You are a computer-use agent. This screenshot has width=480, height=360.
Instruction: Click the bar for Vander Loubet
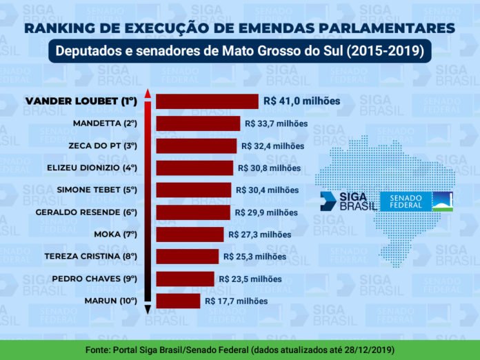tap(207, 101)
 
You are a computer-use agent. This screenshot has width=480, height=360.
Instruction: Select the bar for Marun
tap(178, 301)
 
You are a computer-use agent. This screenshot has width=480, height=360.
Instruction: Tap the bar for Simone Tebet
tap(193, 190)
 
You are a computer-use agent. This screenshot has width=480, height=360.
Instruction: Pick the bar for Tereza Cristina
tap(187, 257)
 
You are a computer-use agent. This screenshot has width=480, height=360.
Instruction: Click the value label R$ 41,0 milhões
tap(301, 101)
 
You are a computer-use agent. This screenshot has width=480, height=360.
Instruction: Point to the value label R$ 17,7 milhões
tap(236, 301)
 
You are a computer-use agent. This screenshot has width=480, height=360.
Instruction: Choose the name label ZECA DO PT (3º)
tap(103, 146)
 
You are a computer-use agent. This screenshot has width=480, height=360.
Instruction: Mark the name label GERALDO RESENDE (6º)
tap(86, 212)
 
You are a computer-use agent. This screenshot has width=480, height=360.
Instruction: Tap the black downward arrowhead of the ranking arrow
tap(148, 310)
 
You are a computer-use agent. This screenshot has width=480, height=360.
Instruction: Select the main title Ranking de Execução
tap(239, 28)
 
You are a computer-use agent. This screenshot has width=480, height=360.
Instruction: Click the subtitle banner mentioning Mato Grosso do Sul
tap(239, 52)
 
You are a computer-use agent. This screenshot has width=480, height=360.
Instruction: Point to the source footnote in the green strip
tap(239, 350)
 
